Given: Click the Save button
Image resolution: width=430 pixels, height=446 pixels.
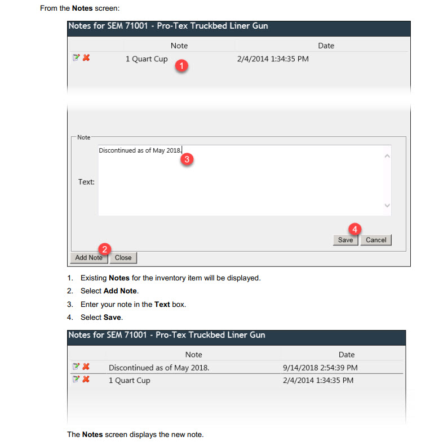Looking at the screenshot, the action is click(345, 240).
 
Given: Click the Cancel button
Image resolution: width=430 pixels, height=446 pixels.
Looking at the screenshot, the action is click(376, 240).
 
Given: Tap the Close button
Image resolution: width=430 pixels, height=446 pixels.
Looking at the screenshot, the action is click(123, 258).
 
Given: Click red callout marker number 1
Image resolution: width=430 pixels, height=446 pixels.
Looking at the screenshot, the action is click(181, 66).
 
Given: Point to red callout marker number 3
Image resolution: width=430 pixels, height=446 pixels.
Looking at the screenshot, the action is click(187, 159).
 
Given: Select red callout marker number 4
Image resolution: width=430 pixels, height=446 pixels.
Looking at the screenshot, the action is click(355, 229).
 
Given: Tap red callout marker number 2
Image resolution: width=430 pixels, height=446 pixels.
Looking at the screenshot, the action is click(105, 249).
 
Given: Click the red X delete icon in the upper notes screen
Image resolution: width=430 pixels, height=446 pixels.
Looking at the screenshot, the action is click(86, 58).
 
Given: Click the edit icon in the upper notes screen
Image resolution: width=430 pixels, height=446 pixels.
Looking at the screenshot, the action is click(76, 58).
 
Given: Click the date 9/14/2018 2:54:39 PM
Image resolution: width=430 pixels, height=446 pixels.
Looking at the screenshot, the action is click(320, 368).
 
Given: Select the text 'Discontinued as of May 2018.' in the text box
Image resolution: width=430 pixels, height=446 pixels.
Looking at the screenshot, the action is click(140, 150).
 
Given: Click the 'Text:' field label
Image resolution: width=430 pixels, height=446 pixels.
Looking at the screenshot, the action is click(86, 182).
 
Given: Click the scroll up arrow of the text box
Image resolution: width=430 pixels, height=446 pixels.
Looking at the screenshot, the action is click(387, 156).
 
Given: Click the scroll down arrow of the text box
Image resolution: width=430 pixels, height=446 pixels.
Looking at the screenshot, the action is click(387, 206).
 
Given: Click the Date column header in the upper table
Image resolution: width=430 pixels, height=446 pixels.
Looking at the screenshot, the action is click(326, 46).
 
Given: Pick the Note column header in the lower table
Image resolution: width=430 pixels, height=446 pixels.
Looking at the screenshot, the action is click(193, 354).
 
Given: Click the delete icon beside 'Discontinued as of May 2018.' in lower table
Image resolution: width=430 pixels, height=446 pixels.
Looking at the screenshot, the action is click(86, 367).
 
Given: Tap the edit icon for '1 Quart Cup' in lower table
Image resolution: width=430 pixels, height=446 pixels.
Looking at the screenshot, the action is click(76, 379).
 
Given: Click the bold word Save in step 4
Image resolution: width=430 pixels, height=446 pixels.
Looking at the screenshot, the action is click(112, 317).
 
